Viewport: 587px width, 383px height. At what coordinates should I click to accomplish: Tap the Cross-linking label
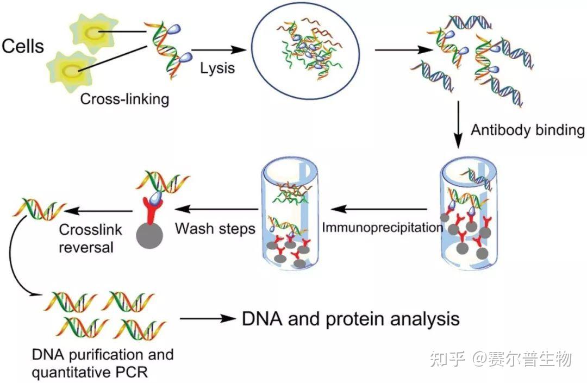tap(124, 99)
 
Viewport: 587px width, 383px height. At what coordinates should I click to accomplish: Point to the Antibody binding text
tap(527, 130)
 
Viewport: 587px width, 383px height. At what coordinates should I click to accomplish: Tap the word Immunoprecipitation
tap(383, 227)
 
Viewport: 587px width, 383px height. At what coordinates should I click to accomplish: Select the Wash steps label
tap(215, 228)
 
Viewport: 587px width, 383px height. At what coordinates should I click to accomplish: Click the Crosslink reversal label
tap(86, 238)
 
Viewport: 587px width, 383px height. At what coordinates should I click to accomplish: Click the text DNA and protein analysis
tap(351, 318)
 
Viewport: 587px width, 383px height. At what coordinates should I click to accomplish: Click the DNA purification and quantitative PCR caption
tap(103, 363)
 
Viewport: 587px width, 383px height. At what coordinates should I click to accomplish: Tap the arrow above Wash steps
tap(217, 208)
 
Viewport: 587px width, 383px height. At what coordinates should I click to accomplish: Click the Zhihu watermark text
tap(501, 359)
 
